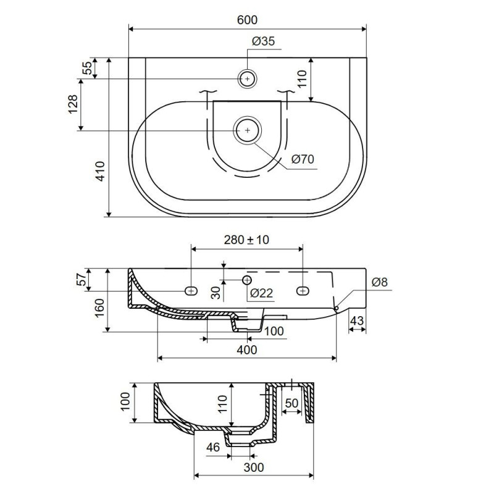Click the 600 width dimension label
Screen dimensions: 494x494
point(247,20)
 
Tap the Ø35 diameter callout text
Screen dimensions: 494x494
point(264,41)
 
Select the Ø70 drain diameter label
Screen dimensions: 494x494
point(303,159)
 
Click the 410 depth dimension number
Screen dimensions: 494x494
point(100,171)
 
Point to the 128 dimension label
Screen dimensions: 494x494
point(72,104)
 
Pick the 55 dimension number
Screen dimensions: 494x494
point(87,68)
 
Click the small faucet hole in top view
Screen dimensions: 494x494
point(248,78)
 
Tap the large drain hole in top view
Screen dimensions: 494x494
point(248,130)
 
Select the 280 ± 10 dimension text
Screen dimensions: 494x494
point(246,240)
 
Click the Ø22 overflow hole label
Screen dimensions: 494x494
point(261,293)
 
